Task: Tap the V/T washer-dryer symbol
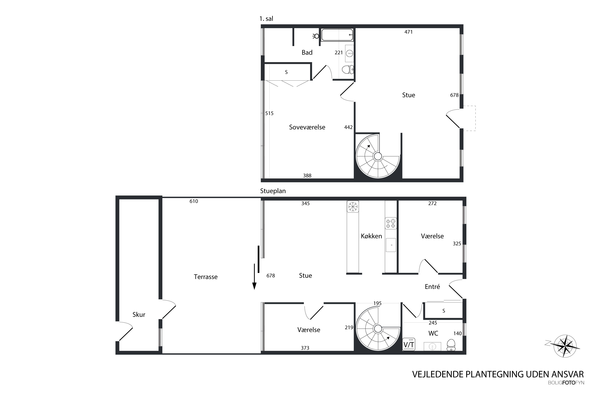coord(408,344)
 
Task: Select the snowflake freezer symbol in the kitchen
coord(353,206)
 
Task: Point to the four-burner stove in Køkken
coord(391,223)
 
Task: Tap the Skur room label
coord(139,314)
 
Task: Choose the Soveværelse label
coord(307,127)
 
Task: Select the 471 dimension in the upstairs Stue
coord(408,32)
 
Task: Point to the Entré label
coord(432,287)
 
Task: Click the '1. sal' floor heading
coord(266,18)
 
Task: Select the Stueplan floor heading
coord(273,191)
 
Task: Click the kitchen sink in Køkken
coord(391,245)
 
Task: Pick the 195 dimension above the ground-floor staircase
coord(377,303)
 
